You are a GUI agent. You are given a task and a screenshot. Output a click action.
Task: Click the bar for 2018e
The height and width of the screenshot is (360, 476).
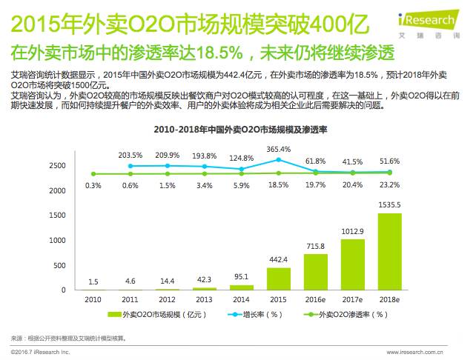[x=390, y=251]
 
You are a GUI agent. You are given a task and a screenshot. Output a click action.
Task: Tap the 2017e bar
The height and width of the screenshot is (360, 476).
[x=353, y=264]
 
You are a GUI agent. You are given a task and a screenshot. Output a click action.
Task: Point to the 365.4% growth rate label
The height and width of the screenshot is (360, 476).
[x=279, y=148]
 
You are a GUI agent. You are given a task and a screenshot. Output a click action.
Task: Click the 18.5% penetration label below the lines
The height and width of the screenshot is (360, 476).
[x=279, y=185]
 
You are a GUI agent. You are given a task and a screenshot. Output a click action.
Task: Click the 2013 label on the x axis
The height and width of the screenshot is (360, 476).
[x=205, y=299]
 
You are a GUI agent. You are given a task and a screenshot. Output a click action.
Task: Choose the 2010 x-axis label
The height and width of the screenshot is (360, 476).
[x=93, y=299]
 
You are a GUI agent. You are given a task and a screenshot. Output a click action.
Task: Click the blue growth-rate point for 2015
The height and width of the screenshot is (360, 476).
[x=279, y=159]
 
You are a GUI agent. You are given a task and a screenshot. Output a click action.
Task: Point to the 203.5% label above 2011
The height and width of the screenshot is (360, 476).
[x=130, y=156]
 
